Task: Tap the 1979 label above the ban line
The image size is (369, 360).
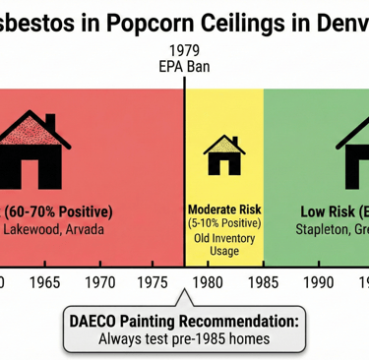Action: click(x=184, y=52)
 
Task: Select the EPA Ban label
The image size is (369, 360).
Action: click(x=184, y=69)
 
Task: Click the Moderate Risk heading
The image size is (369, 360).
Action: click(x=222, y=210)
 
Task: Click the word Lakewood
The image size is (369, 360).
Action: click(x=36, y=232)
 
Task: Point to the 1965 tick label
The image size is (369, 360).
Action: click(x=46, y=283)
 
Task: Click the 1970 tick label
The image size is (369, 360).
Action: click(x=100, y=283)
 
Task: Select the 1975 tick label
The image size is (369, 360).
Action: click(x=154, y=283)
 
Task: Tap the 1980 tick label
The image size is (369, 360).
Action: click(x=210, y=283)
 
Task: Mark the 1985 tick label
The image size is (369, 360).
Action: click(x=263, y=283)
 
